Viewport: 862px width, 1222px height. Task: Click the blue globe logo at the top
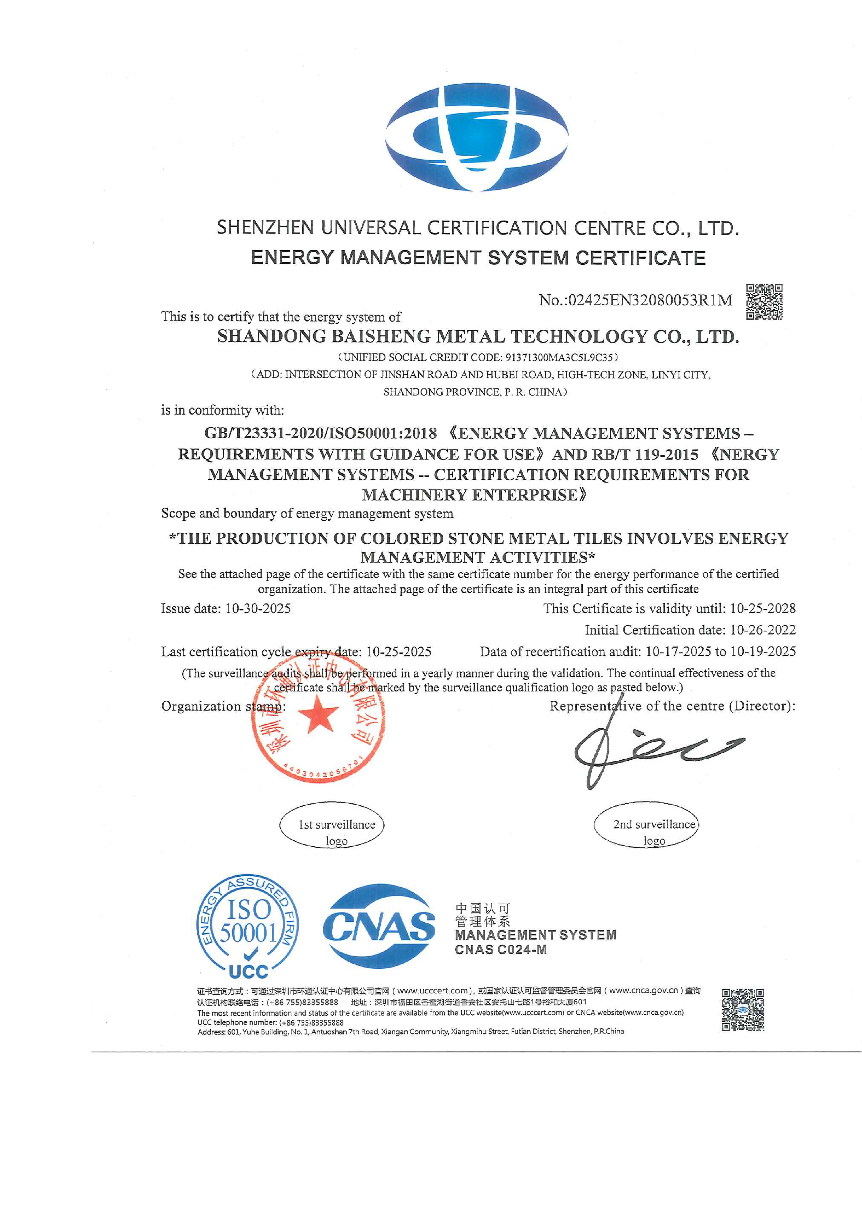point(477,137)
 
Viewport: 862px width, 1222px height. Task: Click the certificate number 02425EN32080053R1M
point(650,300)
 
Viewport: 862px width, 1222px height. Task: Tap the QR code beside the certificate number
point(764,302)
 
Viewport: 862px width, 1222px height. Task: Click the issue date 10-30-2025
point(258,608)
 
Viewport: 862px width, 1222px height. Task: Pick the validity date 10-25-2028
point(763,608)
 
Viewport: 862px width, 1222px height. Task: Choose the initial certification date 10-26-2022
point(763,630)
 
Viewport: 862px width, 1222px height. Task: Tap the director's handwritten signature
point(654,748)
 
